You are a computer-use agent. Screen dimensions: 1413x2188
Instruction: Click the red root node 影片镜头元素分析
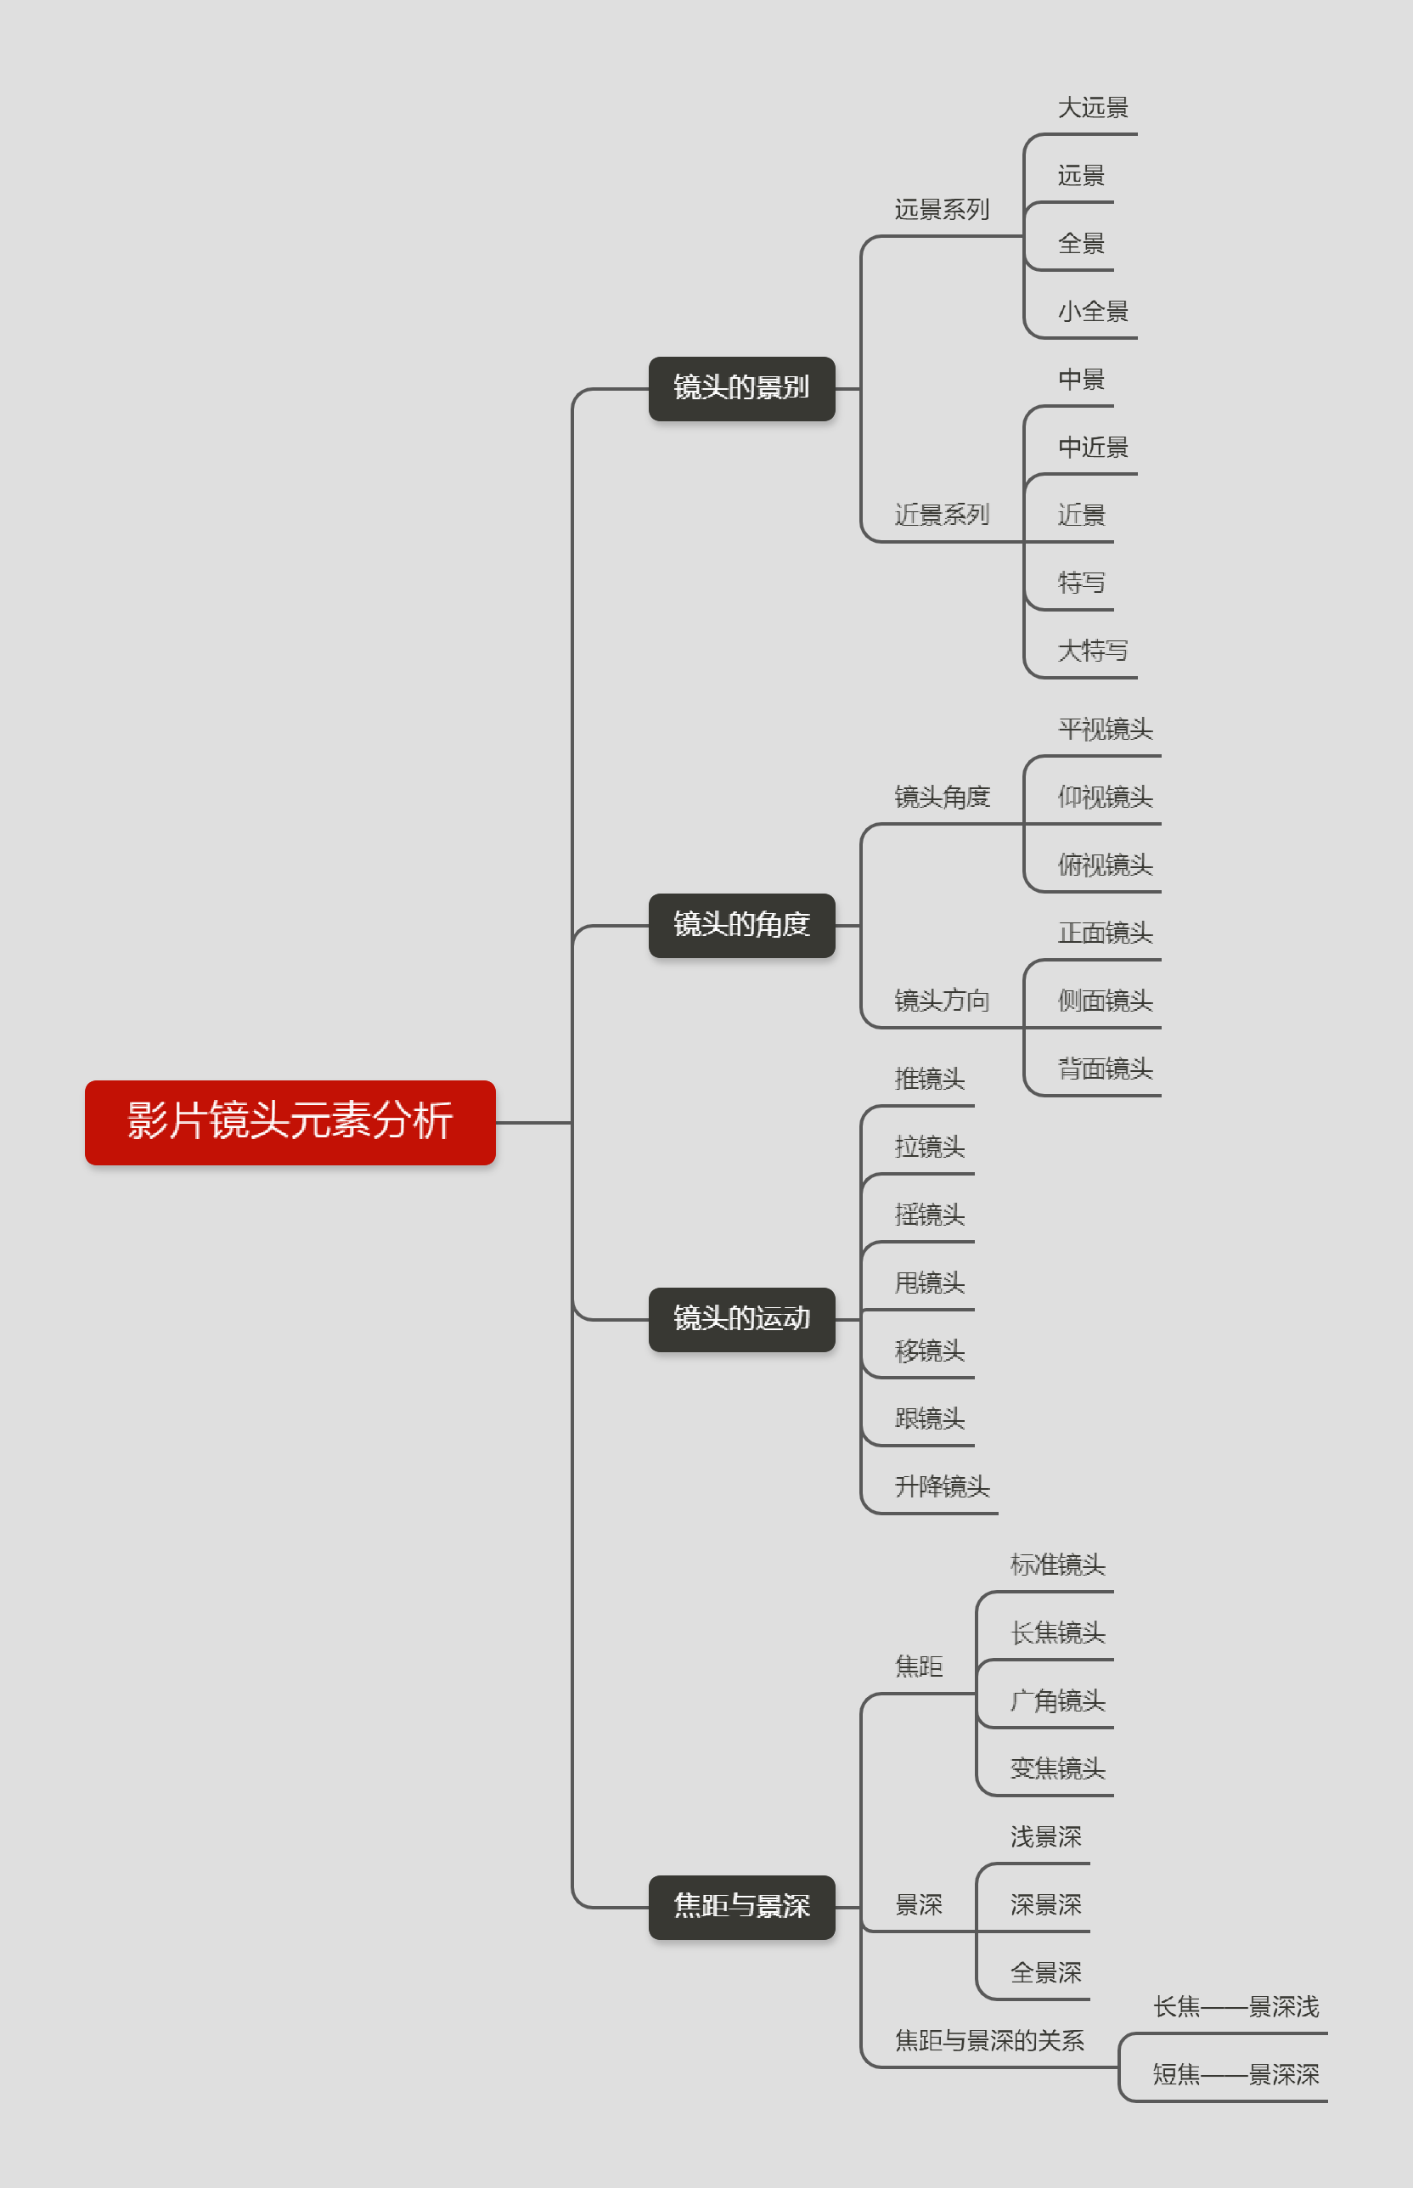pos(290,1121)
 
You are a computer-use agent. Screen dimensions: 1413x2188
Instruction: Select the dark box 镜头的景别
pos(741,388)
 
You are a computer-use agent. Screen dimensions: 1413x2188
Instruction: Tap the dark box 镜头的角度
pos(741,925)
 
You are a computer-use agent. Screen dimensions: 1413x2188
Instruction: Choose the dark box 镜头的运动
pos(741,1319)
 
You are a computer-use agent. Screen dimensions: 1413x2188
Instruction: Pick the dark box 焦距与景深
pos(741,1906)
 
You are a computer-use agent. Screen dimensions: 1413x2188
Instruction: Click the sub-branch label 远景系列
pos(942,209)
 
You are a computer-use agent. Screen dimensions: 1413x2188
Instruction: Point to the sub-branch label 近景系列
pos(942,515)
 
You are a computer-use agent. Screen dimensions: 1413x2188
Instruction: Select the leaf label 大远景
pos(1093,107)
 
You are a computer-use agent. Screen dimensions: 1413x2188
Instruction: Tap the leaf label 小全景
pos(1093,311)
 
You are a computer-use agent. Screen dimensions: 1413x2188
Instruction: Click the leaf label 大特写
pos(1093,651)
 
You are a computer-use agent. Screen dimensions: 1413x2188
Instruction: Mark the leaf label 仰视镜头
pos(1105,797)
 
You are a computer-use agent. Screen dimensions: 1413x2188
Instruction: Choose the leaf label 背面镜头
pos(1105,1069)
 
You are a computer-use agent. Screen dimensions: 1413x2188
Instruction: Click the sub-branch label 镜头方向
pos(942,1001)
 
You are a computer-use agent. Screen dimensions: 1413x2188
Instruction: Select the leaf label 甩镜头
pos(930,1283)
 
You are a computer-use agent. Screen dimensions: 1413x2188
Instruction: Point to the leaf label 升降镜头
pos(942,1486)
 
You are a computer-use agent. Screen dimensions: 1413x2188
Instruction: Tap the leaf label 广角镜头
pos(1057,1700)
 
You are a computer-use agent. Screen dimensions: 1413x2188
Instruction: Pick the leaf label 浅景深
pos(1045,1836)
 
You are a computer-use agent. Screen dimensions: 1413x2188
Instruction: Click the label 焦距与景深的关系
pos(989,2040)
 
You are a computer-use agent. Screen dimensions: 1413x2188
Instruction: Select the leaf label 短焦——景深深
pos(1235,2074)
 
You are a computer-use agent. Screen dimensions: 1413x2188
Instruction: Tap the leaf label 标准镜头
pos(1057,1564)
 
